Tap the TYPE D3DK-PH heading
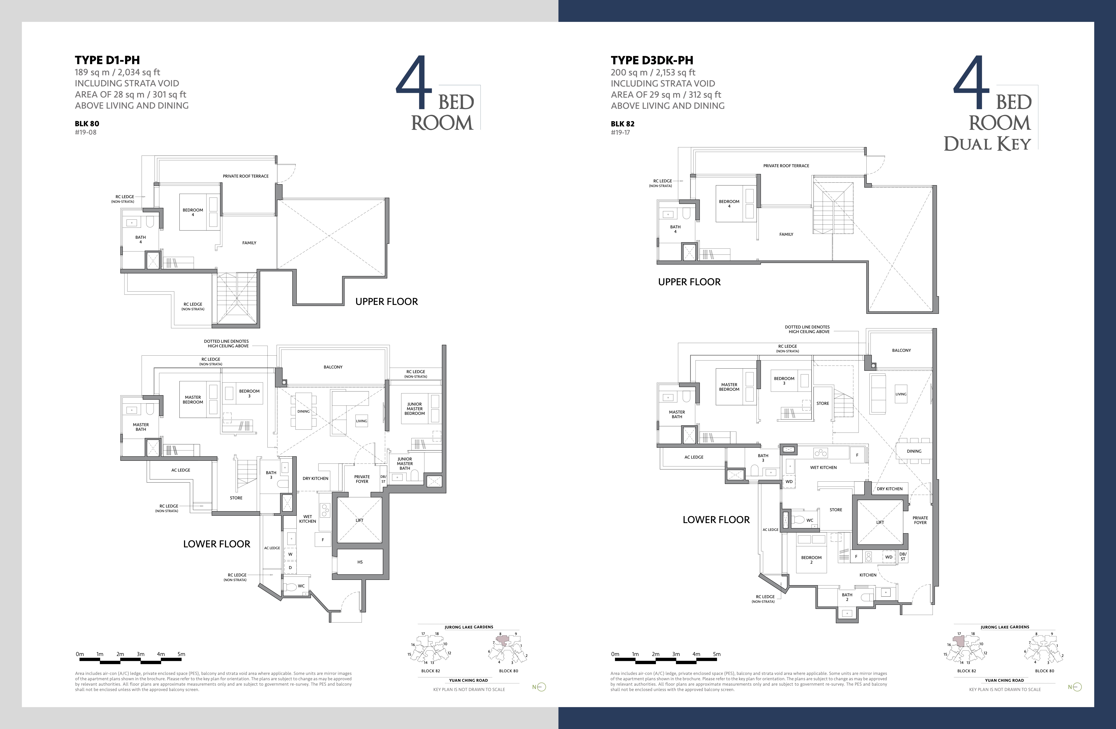pos(652,60)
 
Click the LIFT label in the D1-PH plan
pos(360,520)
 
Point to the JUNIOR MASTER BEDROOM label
pos(414,409)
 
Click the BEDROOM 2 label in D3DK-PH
pos(811,560)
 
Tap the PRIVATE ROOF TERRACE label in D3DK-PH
pos(786,166)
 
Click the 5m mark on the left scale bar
pos(181,654)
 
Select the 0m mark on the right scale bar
pos(615,654)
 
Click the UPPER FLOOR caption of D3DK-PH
pos(689,282)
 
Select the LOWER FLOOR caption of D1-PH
pos(217,544)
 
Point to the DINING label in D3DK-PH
pos(914,451)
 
